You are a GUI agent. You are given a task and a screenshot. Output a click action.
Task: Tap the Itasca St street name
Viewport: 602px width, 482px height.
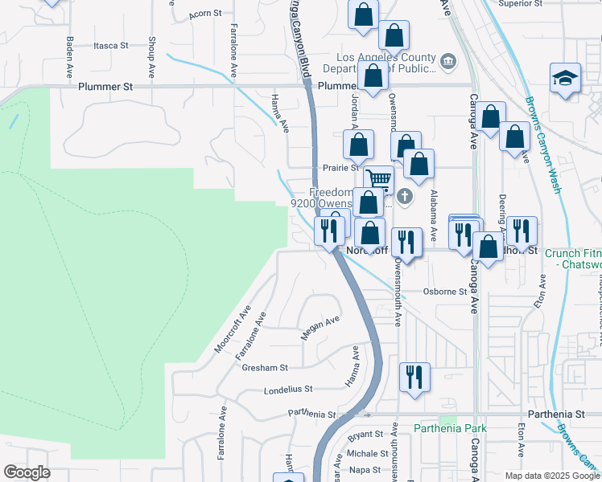[111, 46]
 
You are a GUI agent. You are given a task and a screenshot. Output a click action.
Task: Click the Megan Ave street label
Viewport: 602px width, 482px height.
[320, 328]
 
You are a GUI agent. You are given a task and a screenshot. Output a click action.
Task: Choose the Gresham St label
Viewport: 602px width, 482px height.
[265, 368]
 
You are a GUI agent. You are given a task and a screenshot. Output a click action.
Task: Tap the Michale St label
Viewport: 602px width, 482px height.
[368, 454]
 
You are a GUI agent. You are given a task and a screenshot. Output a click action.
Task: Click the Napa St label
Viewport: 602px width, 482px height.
[365, 470]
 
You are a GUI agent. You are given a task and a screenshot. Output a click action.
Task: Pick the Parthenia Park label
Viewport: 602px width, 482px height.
[451, 428]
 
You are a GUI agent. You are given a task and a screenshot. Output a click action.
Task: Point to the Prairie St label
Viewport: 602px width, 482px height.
[340, 168]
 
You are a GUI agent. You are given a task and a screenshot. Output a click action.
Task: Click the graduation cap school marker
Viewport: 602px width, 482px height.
[565, 78]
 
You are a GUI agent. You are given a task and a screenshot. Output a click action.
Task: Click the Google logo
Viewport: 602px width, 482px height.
[27, 472]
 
